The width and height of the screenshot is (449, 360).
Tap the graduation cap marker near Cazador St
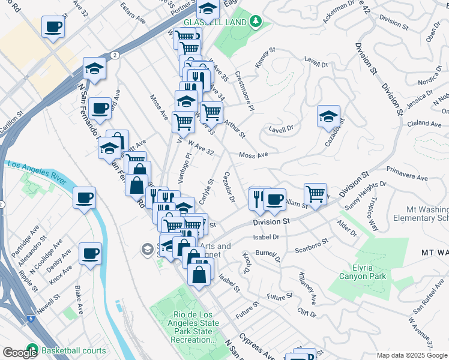[x=328, y=116]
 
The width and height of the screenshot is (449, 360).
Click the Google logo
[x=19, y=353]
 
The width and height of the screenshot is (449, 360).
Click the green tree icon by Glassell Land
[x=256, y=22]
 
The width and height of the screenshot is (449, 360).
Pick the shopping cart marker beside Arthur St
[x=211, y=112]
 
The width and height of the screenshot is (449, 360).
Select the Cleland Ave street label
[x=425, y=123]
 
